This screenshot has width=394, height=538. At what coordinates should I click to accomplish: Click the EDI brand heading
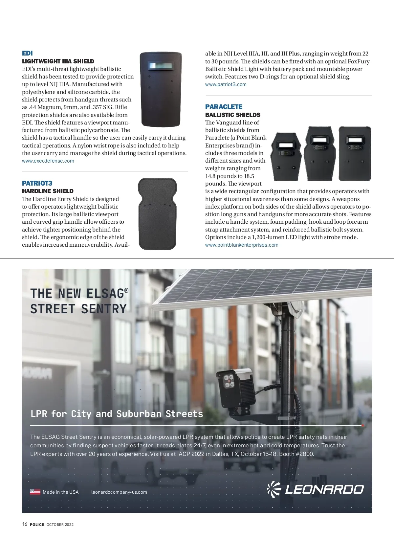(x=27, y=53)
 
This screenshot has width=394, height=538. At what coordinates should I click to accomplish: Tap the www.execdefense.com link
(x=48, y=161)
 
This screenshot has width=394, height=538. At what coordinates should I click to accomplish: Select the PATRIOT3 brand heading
(x=37, y=183)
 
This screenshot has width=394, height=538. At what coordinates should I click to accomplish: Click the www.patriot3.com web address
(x=226, y=84)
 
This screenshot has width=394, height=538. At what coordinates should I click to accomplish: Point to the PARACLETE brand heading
(x=224, y=107)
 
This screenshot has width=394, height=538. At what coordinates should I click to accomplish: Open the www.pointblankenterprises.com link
(x=242, y=245)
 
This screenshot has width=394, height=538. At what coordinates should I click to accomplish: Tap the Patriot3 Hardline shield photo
(x=157, y=213)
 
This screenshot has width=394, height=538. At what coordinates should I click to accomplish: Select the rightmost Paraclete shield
(x=355, y=153)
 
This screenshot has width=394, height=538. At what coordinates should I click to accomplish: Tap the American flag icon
(x=35, y=492)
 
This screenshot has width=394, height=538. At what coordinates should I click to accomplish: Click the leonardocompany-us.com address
(x=119, y=492)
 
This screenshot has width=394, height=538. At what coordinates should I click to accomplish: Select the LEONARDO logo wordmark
(x=324, y=489)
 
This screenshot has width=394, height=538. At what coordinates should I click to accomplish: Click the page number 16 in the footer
(x=25, y=524)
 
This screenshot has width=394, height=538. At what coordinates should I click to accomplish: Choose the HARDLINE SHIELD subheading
(x=48, y=191)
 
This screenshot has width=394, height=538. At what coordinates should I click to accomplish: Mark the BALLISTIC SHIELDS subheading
(x=232, y=115)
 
